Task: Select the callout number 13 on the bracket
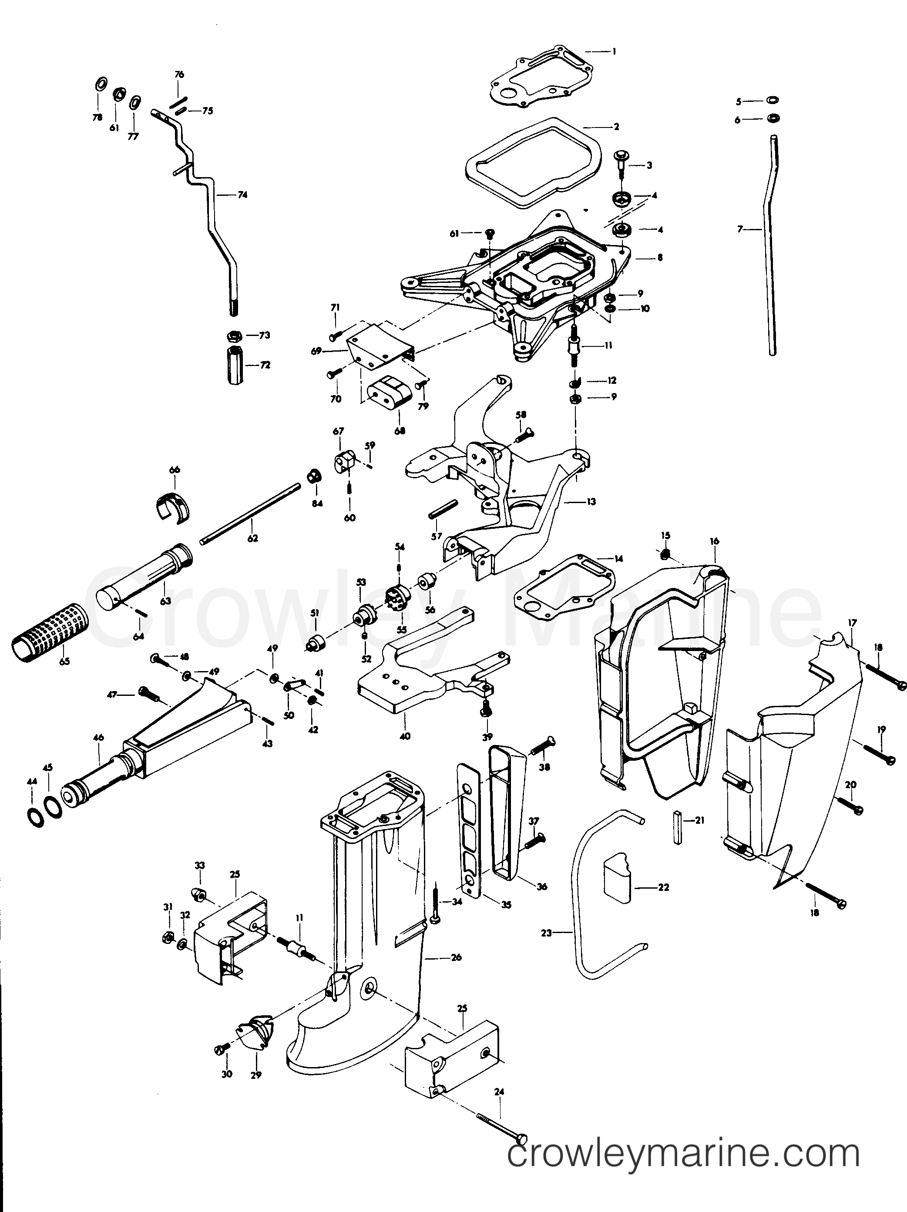590,501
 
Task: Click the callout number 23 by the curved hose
546,932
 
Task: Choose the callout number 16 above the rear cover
714,541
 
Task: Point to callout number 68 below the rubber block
400,431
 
